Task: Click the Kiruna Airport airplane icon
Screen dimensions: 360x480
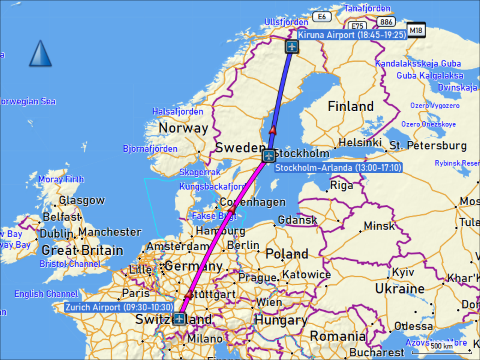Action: pos(292,47)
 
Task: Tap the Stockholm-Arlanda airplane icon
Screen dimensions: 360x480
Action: pos(269,155)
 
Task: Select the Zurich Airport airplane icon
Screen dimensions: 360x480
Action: pos(179,319)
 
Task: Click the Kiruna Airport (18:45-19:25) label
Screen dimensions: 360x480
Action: pos(352,35)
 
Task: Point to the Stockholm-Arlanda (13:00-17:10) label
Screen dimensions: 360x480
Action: pos(338,168)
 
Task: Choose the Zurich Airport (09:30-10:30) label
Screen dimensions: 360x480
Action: pos(119,307)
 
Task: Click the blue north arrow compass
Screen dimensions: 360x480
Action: pos(40,53)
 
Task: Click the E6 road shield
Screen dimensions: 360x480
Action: pos(322,16)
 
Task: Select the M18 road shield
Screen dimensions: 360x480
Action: pos(416,30)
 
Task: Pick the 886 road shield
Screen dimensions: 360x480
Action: pos(386,22)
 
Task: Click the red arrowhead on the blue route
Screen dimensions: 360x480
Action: pos(273,129)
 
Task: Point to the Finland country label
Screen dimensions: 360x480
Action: pos(351,106)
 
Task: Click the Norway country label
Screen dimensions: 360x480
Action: pos(183,128)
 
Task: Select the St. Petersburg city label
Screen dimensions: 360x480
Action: pos(428,146)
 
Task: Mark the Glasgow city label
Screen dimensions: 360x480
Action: pos(82,200)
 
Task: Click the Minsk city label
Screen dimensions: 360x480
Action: pos(379,226)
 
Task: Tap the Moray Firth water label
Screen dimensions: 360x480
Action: pos(61,179)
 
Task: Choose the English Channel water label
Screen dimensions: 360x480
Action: pos(46,294)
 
